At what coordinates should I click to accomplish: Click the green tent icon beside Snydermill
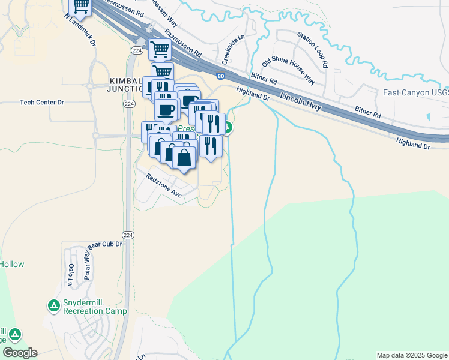[x=53, y=306]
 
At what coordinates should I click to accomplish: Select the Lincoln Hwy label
[x=301, y=103]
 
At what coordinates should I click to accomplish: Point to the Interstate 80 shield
[x=221, y=77]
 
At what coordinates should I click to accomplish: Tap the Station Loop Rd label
[x=312, y=49]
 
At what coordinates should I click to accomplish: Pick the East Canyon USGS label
[x=415, y=93]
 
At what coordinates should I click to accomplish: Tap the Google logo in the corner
[x=20, y=353]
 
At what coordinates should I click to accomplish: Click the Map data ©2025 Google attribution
[x=412, y=355]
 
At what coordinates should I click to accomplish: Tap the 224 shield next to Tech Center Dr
[x=128, y=104]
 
